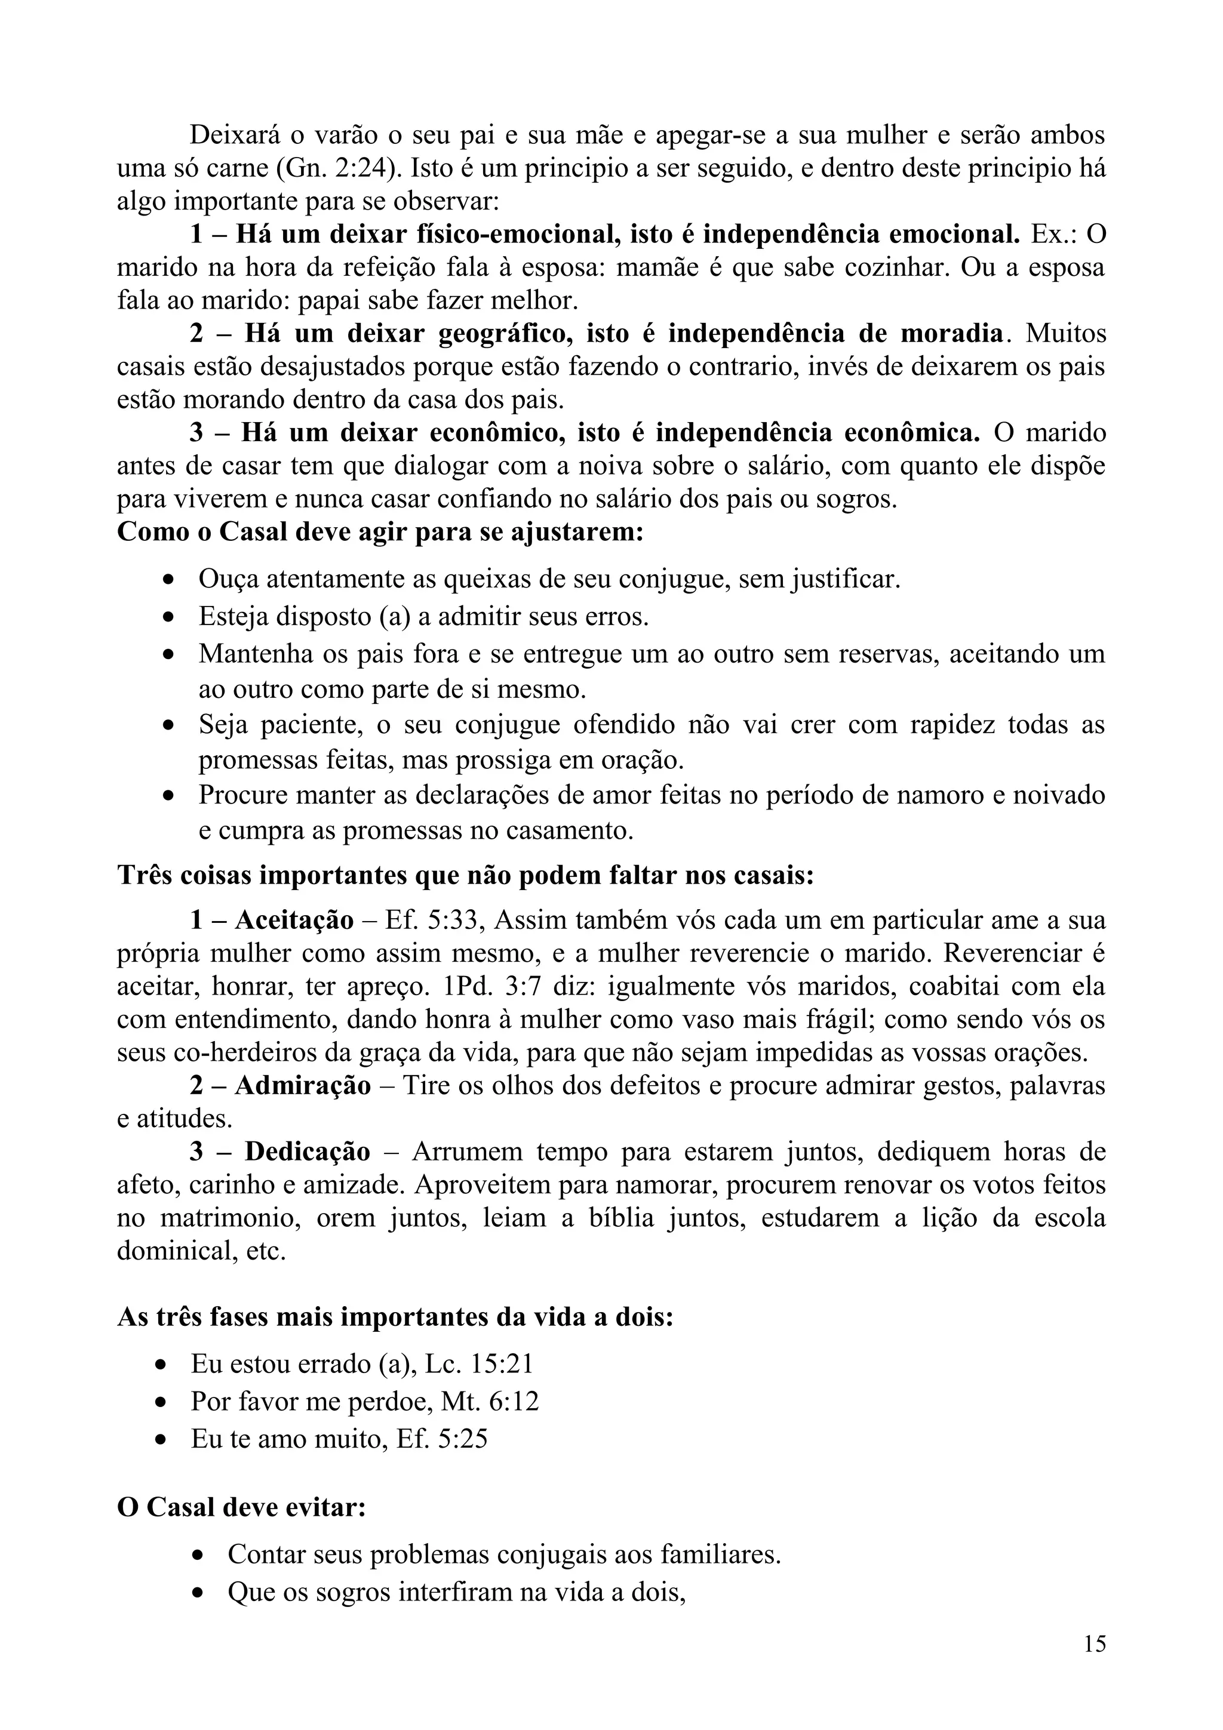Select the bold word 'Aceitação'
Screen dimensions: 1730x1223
tap(294, 920)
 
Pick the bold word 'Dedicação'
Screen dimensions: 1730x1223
tap(308, 1152)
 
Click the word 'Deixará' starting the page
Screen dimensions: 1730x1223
tap(234, 135)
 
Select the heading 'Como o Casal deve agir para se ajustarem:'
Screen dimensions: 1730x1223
tap(380, 532)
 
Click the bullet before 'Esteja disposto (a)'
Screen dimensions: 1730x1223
tap(169, 618)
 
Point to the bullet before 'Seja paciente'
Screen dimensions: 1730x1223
tap(169, 725)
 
